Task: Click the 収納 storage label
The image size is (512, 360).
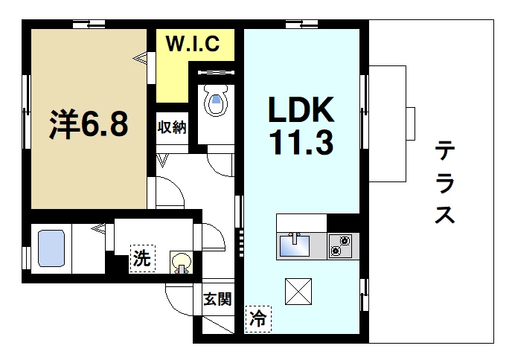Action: click(171, 126)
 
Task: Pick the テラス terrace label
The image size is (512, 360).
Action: click(444, 182)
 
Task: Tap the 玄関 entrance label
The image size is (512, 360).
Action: click(218, 300)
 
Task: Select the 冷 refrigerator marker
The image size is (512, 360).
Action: click(258, 320)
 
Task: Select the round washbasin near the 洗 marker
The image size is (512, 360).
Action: click(181, 260)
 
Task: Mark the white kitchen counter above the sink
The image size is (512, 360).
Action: click(301, 222)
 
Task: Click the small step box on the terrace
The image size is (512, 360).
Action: click(409, 123)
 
